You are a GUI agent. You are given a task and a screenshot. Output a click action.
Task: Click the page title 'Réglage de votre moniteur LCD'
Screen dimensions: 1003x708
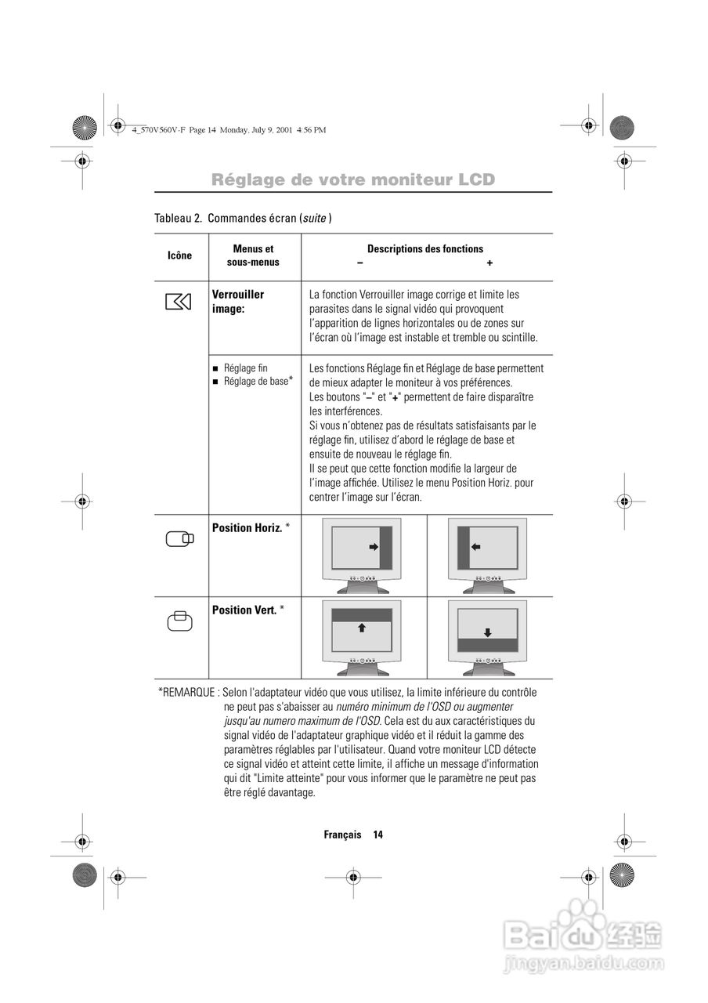[x=353, y=179]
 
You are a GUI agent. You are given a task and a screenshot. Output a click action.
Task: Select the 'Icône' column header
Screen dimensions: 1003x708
[x=179, y=255]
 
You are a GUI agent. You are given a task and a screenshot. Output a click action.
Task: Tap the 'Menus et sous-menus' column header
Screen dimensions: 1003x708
[x=253, y=255]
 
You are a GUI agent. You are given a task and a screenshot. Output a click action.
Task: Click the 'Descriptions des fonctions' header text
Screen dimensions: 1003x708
[x=425, y=249]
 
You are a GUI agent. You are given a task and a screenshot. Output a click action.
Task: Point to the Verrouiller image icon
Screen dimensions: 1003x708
[x=179, y=302]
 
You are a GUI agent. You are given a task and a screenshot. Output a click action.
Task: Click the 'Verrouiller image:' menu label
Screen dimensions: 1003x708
[x=238, y=302]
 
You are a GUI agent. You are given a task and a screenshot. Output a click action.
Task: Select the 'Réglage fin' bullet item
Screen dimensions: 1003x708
[x=245, y=368]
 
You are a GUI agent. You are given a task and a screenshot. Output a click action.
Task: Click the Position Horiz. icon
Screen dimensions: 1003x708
[x=179, y=538]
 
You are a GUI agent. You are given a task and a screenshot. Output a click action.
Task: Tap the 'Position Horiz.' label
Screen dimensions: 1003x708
[x=247, y=528]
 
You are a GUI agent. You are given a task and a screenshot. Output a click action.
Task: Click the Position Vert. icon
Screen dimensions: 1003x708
[x=179, y=620]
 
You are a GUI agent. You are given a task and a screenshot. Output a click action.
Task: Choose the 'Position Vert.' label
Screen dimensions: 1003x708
[x=244, y=610]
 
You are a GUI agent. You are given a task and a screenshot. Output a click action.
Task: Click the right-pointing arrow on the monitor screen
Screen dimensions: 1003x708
[x=373, y=547]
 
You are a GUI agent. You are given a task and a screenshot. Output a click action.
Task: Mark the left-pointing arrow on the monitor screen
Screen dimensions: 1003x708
[x=475, y=546]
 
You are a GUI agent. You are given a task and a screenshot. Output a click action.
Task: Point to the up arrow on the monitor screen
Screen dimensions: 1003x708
[x=362, y=628]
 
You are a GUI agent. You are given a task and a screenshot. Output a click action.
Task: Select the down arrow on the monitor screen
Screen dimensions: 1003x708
[x=487, y=632]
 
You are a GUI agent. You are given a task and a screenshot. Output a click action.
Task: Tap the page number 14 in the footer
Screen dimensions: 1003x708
[x=377, y=835]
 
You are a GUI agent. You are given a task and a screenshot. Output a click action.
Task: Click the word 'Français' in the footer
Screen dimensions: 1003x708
[x=342, y=835]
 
